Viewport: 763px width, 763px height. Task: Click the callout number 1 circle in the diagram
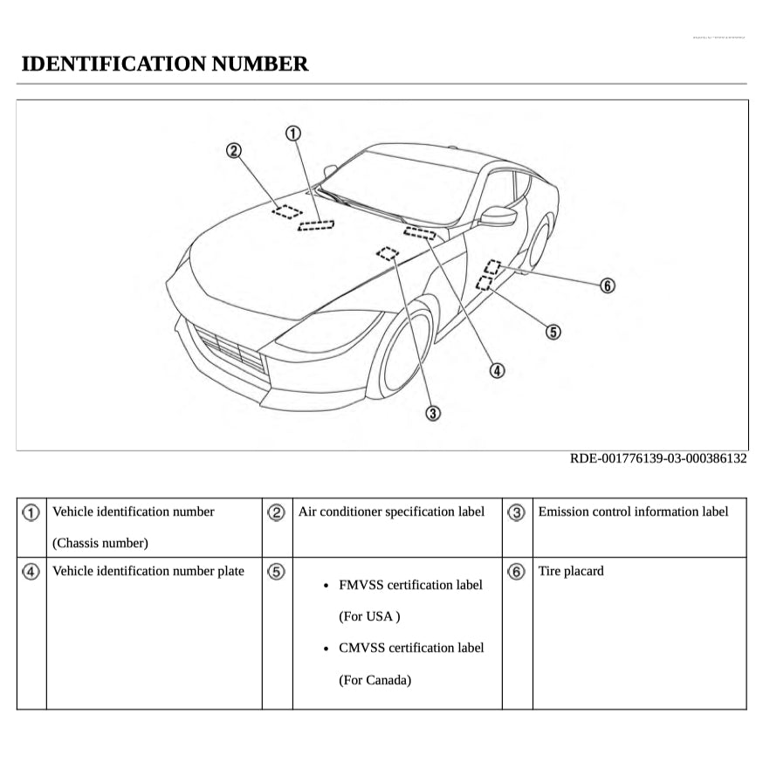tap(293, 133)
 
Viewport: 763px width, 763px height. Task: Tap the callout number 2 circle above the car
tap(233, 151)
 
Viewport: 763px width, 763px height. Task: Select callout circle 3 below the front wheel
tap(432, 413)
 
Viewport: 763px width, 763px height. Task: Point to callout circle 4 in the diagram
tap(497, 370)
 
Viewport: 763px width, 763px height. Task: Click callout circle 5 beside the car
tap(553, 331)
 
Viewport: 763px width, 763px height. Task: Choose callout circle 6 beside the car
tap(608, 285)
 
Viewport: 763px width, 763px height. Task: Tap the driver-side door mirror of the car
tap(498, 215)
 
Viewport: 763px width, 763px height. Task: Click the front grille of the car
tap(229, 348)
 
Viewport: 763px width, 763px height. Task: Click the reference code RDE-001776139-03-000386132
tap(658, 458)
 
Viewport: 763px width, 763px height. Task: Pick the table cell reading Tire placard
tap(571, 571)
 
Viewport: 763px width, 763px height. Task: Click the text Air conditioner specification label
tap(391, 512)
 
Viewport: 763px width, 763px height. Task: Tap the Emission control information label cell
tap(633, 512)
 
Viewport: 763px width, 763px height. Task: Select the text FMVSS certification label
tap(410, 585)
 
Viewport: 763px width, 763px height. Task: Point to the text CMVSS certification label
tap(411, 648)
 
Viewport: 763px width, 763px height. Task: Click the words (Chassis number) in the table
tap(100, 543)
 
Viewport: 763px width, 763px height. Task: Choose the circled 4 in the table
tap(31, 572)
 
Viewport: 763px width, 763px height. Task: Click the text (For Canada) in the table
tap(375, 679)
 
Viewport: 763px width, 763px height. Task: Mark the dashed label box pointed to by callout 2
tap(286, 210)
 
